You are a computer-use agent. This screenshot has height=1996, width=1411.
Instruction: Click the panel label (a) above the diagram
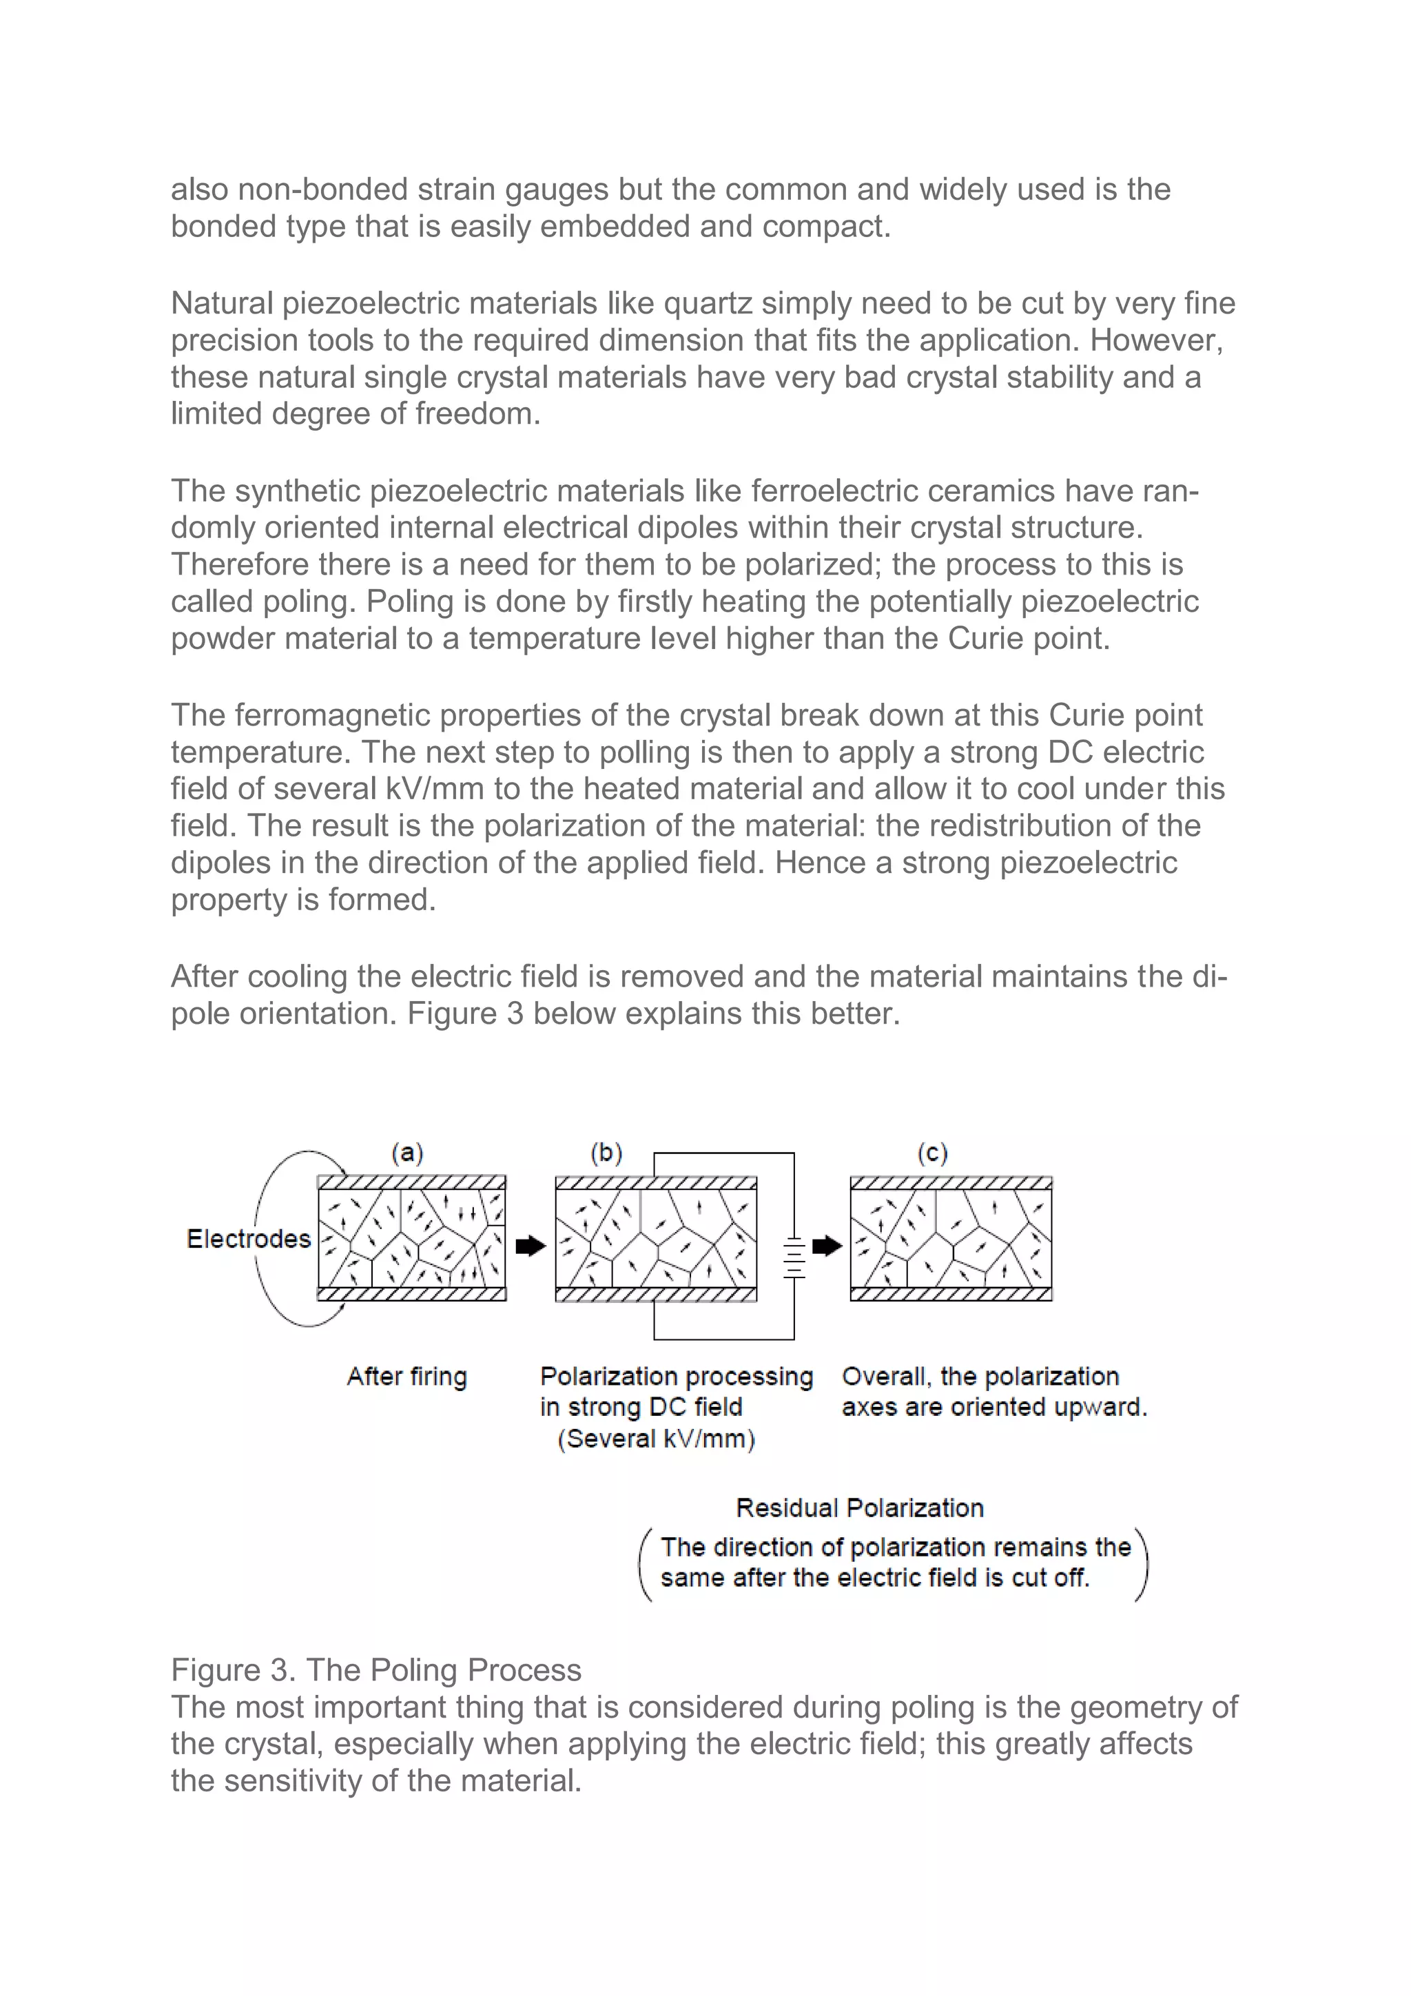tap(407, 1153)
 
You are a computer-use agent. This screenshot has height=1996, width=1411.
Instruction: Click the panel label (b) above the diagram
tap(606, 1153)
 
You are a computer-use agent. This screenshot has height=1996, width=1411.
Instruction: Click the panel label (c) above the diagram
tap(932, 1153)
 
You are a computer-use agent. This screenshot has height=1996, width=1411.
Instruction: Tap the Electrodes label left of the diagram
tap(248, 1239)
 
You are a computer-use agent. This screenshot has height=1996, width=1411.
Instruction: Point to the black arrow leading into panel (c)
tap(827, 1246)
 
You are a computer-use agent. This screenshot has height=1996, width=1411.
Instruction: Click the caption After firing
tap(407, 1376)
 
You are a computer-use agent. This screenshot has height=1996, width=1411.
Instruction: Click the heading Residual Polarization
tap(859, 1508)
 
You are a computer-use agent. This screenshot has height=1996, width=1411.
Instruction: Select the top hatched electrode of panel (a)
tap(411, 1182)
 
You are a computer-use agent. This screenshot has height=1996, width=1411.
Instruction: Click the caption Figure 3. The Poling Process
tap(375, 1670)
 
